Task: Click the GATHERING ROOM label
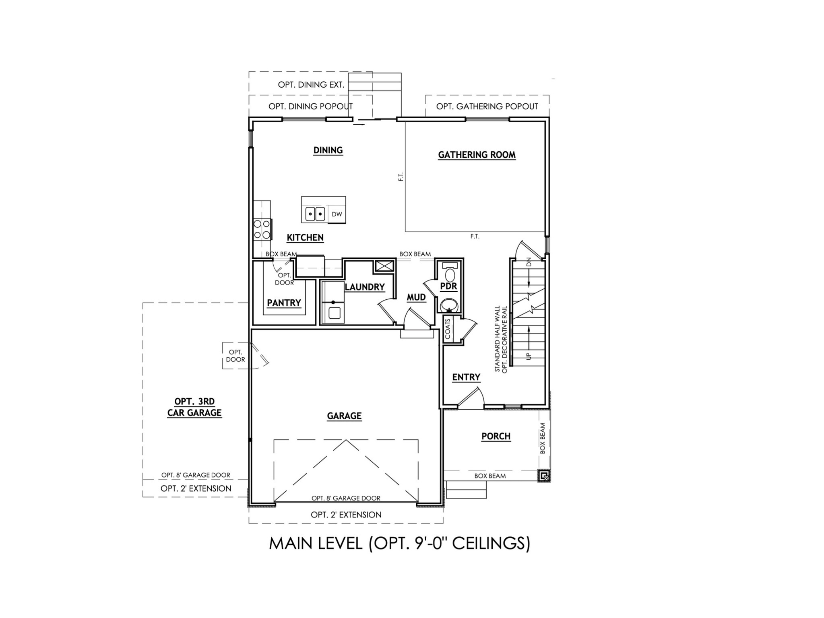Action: coord(477,155)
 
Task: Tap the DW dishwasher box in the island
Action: coord(337,214)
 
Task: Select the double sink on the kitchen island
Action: coord(315,214)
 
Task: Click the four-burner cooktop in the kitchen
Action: coord(262,229)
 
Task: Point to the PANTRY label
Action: coord(284,303)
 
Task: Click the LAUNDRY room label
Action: coord(365,287)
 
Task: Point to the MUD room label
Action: coord(416,297)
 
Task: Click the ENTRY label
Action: coord(466,377)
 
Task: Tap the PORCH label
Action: coord(496,437)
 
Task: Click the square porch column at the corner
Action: coord(544,476)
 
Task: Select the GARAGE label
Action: coord(344,416)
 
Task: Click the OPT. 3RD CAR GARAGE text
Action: coord(194,407)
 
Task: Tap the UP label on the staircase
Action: coord(529,356)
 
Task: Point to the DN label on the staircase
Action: coord(529,262)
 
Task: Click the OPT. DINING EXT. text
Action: coord(311,85)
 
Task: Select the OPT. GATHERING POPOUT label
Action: coord(487,107)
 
